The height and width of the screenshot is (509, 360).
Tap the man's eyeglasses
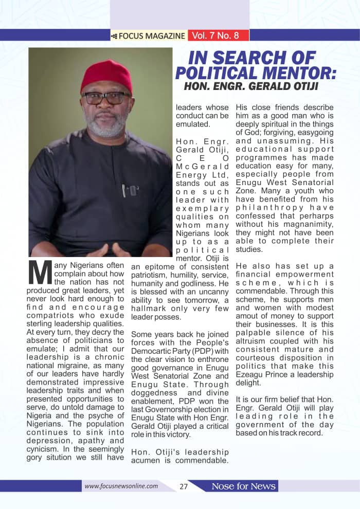point(107,97)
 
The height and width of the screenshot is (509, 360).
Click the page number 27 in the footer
point(184,486)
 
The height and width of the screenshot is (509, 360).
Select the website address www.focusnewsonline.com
point(121,486)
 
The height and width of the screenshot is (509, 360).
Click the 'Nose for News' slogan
point(244,486)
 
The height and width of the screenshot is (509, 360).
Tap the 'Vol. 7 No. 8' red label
point(215,35)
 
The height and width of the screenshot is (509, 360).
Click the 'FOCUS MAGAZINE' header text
point(152,36)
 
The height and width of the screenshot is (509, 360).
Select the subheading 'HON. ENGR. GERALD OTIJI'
point(251,86)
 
